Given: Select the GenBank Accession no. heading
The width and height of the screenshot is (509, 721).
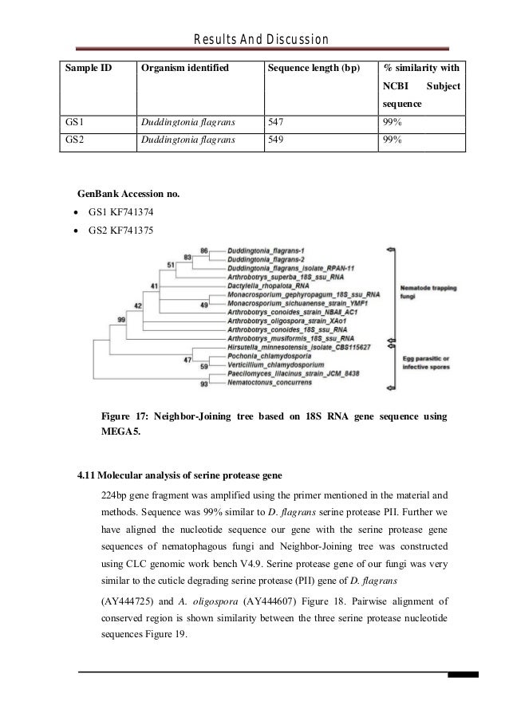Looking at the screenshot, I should [x=128, y=194].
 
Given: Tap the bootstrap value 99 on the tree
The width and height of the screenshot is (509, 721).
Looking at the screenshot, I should [x=122, y=319].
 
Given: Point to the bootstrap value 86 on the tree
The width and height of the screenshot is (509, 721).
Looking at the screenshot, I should [x=204, y=251].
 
